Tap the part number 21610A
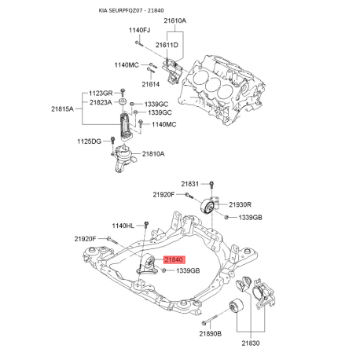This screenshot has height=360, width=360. coord(175,20)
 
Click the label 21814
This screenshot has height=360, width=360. coord(151,84)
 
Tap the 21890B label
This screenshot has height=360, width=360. coord(211,333)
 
